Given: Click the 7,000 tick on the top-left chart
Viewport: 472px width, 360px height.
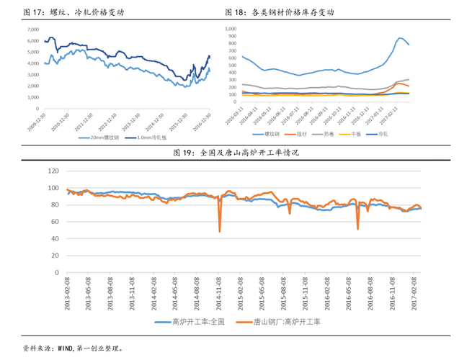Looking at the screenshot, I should tap(33, 30).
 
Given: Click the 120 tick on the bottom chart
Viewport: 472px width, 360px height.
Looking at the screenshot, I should tap(52, 171).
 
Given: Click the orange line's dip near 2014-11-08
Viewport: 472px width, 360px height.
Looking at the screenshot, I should tap(220, 230).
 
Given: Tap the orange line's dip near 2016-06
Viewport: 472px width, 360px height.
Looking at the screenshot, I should tap(358, 229).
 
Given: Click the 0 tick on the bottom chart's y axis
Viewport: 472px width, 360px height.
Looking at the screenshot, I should tap(55, 274).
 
